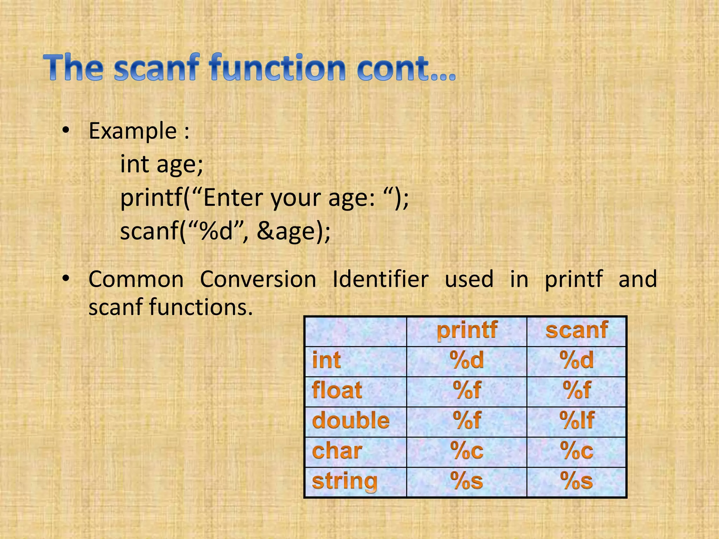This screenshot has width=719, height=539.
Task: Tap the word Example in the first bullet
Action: pyautogui.click(x=133, y=131)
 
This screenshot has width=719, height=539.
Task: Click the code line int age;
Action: pyautogui.click(x=161, y=164)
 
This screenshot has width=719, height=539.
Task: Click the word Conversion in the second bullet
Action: pyautogui.click(x=258, y=280)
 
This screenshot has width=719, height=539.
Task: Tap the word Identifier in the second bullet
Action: pyautogui.click(x=380, y=280)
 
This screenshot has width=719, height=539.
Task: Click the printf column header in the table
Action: pyautogui.click(x=467, y=331)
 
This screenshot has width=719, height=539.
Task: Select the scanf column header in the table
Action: pyautogui.click(x=576, y=331)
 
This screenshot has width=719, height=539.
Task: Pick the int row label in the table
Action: pyautogui.click(x=326, y=360)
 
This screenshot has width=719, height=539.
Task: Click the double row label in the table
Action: pyautogui.click(x=351, y=421)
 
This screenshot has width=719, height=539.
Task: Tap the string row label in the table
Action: pyautogui.click(x=344, y=481)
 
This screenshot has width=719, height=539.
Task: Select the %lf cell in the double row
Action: pyautogui.click(x=576, y=421)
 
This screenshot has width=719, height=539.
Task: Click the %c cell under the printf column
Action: pyautogui.click(x=467, y=451)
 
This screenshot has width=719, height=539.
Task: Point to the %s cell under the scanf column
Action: pyautogui.click(x=576, y=481)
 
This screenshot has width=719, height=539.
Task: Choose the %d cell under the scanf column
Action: pyautogui.click(x=576, y=360)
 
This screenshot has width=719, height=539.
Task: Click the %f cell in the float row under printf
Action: pyautogui.click(x=467, y=391)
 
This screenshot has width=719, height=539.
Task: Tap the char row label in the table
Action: pyautogui.click(x=337, y=451)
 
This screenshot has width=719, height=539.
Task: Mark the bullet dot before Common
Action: pyautogui.click(x=66, y=279)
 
